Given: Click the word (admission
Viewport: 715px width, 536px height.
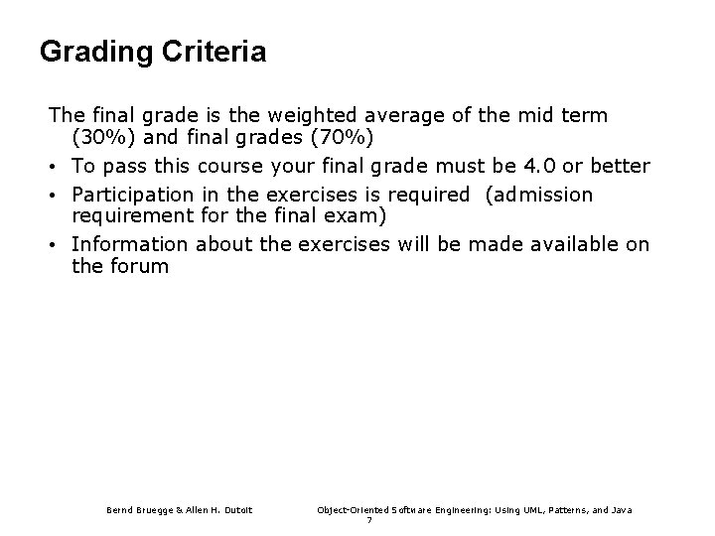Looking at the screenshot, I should [539, 195].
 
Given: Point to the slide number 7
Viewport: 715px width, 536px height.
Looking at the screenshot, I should [369, 521].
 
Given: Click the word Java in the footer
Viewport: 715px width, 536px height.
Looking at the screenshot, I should [621, 510].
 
